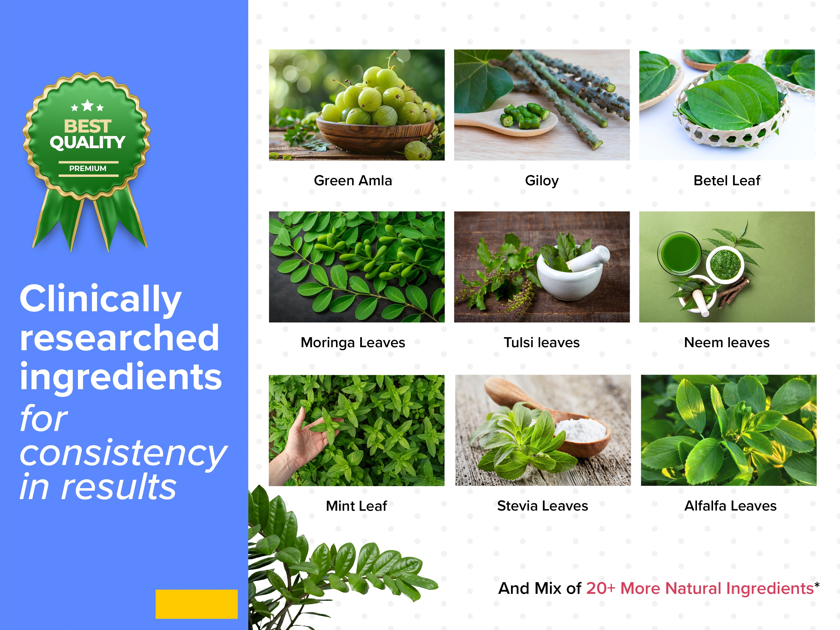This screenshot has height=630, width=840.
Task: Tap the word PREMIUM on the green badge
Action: [88, 168]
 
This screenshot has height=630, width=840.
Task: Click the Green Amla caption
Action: [353, 180]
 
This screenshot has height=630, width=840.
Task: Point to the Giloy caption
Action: [542, 181]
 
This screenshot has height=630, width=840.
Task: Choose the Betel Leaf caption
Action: [727, 180]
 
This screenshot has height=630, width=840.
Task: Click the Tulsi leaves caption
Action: [542, 343]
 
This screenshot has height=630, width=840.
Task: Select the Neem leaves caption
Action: [727, 343]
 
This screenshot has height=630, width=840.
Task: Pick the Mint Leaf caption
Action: [356, 506]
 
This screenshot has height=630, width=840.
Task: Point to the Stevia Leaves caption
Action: [543, 506]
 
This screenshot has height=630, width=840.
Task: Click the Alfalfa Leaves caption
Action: [730, 506]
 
